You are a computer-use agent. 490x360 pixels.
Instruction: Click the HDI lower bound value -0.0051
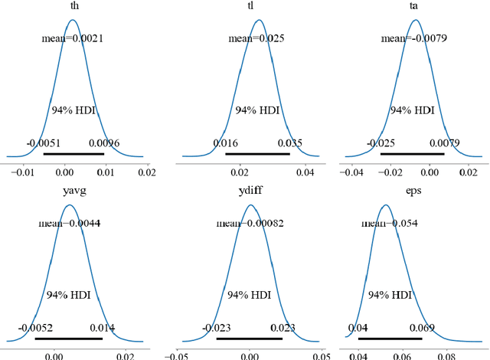43,142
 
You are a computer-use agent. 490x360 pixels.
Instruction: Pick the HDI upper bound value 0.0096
104,142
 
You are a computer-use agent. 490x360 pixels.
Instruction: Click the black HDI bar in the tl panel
258,154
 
